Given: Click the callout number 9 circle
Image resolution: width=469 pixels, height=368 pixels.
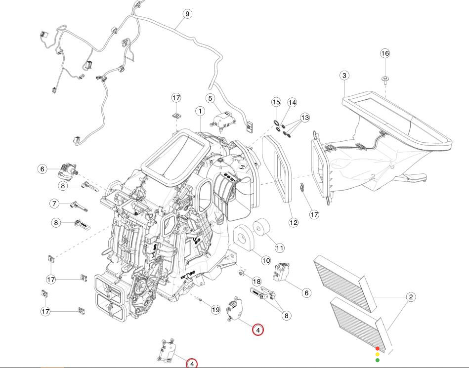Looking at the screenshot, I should click(187, 14).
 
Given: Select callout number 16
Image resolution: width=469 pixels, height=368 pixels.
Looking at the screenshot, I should click(385, 53).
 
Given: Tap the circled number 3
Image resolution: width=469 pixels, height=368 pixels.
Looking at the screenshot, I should click(344, 76).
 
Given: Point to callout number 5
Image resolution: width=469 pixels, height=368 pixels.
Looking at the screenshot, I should click(210, 99).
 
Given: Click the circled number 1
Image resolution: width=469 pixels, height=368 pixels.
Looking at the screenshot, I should click(200, 111).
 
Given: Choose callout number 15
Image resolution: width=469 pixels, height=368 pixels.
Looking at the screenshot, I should click(276, 102).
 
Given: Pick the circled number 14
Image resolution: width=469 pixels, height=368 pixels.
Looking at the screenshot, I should click(292, 103).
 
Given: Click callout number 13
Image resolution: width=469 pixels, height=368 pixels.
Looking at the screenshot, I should click(305, 118).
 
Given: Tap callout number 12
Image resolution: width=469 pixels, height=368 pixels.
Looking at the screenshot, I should click(294, 222).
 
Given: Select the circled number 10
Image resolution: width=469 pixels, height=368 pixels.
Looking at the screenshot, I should click(266, 260).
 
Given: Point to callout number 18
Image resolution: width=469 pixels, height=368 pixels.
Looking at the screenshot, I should click(256, 281).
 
